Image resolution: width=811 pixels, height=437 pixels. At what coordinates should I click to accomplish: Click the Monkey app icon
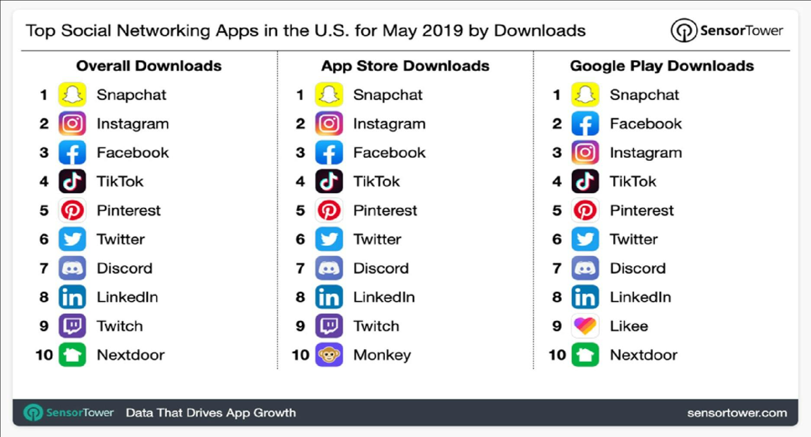329,355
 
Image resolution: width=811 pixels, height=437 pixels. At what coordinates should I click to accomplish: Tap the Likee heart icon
585,326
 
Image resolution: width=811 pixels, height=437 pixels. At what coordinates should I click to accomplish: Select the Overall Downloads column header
149,66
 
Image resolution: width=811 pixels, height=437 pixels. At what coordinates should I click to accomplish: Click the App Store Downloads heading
405,66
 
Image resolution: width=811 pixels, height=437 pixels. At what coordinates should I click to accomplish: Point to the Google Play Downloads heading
662,66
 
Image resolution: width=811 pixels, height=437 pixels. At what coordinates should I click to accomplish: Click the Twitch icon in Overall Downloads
72,326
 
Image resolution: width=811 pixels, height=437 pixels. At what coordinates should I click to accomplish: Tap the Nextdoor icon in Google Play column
585,355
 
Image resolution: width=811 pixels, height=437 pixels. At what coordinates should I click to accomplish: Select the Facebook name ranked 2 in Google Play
646,124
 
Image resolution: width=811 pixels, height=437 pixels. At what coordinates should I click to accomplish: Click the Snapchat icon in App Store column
329,94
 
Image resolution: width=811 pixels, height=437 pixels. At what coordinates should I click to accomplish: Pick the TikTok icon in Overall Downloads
72,181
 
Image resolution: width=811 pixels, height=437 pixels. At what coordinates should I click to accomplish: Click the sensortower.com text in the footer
737,413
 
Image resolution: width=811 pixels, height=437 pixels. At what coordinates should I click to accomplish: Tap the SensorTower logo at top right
727,30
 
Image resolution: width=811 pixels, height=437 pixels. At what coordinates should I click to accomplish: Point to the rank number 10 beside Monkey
300,355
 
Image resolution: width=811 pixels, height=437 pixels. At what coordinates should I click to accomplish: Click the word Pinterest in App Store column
385,210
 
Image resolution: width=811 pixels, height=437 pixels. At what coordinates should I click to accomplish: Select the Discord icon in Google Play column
585,268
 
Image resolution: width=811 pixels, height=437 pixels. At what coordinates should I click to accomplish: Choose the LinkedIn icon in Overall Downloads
72,297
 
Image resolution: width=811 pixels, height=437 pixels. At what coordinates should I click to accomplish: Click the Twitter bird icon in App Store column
329,239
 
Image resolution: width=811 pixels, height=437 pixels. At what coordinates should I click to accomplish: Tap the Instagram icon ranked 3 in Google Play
585,152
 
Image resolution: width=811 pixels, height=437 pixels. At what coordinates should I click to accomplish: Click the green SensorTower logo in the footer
68,413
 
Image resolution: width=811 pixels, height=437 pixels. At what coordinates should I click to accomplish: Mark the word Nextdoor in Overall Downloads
131,355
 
